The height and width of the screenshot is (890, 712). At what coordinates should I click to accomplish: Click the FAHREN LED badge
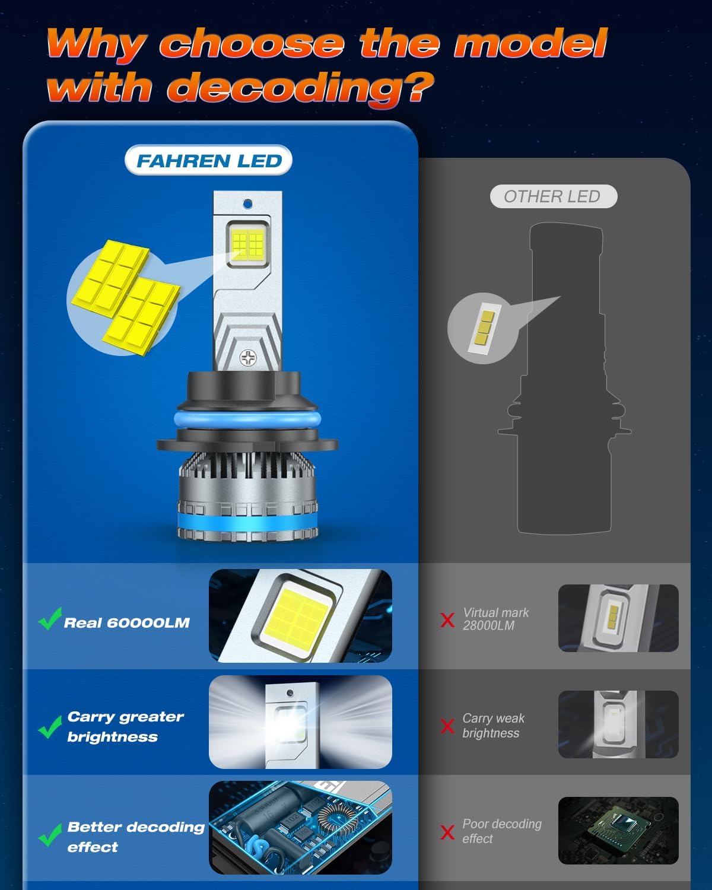pos(208,161)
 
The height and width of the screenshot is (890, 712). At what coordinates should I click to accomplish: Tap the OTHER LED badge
pos(553,196)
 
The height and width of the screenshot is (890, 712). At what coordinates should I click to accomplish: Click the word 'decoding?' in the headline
pos(300,88)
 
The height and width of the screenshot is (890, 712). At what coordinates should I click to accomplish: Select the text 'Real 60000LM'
pos(126,623)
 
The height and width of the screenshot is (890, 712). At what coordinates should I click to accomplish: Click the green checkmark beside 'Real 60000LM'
pos(50,619)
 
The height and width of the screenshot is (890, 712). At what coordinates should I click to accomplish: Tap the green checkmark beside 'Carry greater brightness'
pos(50,726)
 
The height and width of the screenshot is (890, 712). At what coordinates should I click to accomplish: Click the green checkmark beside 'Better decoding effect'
pos(50,835)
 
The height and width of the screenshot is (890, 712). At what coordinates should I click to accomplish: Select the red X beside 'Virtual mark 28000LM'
pos(447,620)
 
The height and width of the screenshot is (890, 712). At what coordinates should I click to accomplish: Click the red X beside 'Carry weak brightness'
pos(447,726)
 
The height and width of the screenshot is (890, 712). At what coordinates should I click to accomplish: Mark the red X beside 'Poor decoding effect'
pos(447,832)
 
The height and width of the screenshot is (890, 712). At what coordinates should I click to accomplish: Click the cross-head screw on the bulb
pos(247,357)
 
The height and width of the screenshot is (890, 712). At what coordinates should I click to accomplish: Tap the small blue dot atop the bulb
pos(247,204)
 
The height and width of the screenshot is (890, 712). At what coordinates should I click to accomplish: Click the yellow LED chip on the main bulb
pos(247,243)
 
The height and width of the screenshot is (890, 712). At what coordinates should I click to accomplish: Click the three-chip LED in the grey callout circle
pos(482,328)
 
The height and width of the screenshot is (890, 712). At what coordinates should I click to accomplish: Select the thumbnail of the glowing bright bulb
pos(300,722)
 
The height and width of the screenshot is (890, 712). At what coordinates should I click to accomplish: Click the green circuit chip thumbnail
pos(618,830)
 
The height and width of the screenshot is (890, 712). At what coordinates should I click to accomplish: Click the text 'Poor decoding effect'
pos(501,831)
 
